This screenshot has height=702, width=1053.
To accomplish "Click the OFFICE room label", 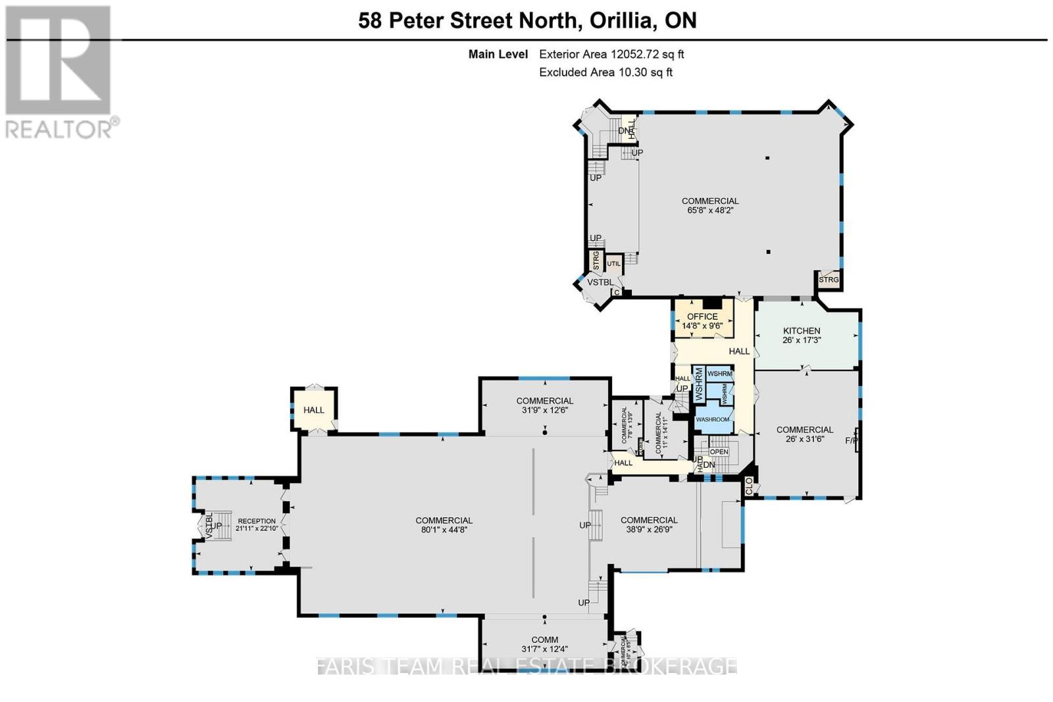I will pos(702,316).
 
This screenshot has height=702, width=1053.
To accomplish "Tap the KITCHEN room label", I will pos(802,331).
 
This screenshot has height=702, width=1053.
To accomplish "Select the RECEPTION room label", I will pos(257,521).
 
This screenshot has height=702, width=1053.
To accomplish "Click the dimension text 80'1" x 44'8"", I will pos(444,530).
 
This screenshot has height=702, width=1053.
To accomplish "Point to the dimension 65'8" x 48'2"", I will pos(710,211).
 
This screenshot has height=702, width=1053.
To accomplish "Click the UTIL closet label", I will pos(613,264).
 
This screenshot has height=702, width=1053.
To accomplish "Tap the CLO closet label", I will pos(749,486).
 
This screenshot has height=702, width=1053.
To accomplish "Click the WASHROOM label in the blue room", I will pos(713,420).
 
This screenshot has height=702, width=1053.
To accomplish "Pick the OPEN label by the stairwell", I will pos(719,452).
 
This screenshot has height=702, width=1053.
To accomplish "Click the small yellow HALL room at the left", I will pos(314,410).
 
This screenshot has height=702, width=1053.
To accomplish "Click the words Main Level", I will pos(498,55).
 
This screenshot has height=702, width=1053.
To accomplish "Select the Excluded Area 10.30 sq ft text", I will pos(605,72).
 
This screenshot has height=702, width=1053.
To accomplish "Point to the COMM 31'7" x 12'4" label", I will pos(544,644).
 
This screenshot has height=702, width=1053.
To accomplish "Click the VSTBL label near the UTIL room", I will pos(600,282).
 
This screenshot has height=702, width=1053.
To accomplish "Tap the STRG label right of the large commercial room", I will pos(829,280).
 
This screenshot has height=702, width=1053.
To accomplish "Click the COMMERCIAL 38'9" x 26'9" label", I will pos(649,524).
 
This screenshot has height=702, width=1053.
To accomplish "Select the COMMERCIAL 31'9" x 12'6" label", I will pos(544,405).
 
